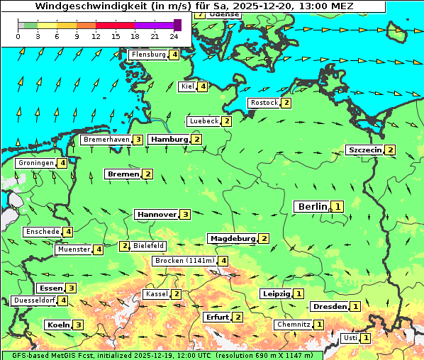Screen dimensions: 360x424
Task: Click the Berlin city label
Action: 312,206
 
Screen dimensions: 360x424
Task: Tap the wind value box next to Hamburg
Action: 196,140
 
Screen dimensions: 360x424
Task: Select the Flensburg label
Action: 148,55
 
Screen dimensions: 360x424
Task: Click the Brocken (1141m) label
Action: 184,261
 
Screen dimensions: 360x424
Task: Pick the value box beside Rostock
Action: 286,103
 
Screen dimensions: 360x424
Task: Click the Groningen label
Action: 36,163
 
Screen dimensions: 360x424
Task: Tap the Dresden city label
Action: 329,306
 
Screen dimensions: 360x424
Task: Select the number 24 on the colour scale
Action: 174,36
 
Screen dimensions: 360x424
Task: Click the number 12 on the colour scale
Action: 96,36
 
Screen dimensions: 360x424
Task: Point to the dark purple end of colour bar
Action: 177,25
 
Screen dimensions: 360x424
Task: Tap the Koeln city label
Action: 57,325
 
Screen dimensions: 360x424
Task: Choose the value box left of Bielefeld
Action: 125,246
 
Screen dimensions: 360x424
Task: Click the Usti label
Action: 350,338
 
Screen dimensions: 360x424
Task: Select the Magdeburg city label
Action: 232,238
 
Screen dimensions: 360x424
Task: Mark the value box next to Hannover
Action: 185,214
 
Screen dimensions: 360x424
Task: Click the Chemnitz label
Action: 294,324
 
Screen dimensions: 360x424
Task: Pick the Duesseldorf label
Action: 34,300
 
